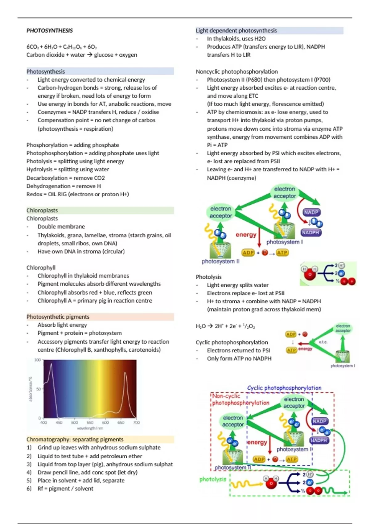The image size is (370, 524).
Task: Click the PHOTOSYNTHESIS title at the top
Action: pyautogui.click(x=50, y=31)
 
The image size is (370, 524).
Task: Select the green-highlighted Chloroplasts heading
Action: pyautogui.click(x=42, y=210)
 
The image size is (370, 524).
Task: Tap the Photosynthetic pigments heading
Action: pyautogui.click(x=58, y=317)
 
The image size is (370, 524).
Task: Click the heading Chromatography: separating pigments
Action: pyautogui.click(x=75, y=439)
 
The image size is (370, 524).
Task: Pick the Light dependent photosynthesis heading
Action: pyautogui.click(x=236, y=31)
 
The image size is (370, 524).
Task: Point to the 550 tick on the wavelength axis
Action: pyautogui.click(x=90, y=422)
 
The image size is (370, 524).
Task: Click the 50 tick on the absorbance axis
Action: pyautogui.click(x=39, y=389)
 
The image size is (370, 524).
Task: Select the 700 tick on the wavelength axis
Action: pyautogui.click(x=136, y=422)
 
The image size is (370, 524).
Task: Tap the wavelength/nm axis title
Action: pyautogui.click(x=90, y=428)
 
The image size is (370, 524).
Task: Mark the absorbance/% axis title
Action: pyautogui.click(x=31, y=389)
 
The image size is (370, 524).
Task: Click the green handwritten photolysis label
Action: pyautogui.click(x=213, y=479)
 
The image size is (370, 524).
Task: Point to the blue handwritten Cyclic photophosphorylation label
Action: pyautogui.click(x=284, y=388)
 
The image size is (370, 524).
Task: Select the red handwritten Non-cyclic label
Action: pyautogui.click(x=226, y=396)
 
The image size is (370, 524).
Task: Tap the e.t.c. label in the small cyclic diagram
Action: pyautogui.click(x=323, y=342)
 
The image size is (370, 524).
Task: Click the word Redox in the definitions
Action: pyautogui.click(x=34, y=194)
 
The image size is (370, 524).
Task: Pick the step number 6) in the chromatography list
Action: pyautogui.click(x=29, y=489)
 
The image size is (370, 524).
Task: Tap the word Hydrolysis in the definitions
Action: pyautogui.click(x=39, y=169)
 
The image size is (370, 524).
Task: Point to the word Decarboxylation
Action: pyautogui.click(x=47, y=178)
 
